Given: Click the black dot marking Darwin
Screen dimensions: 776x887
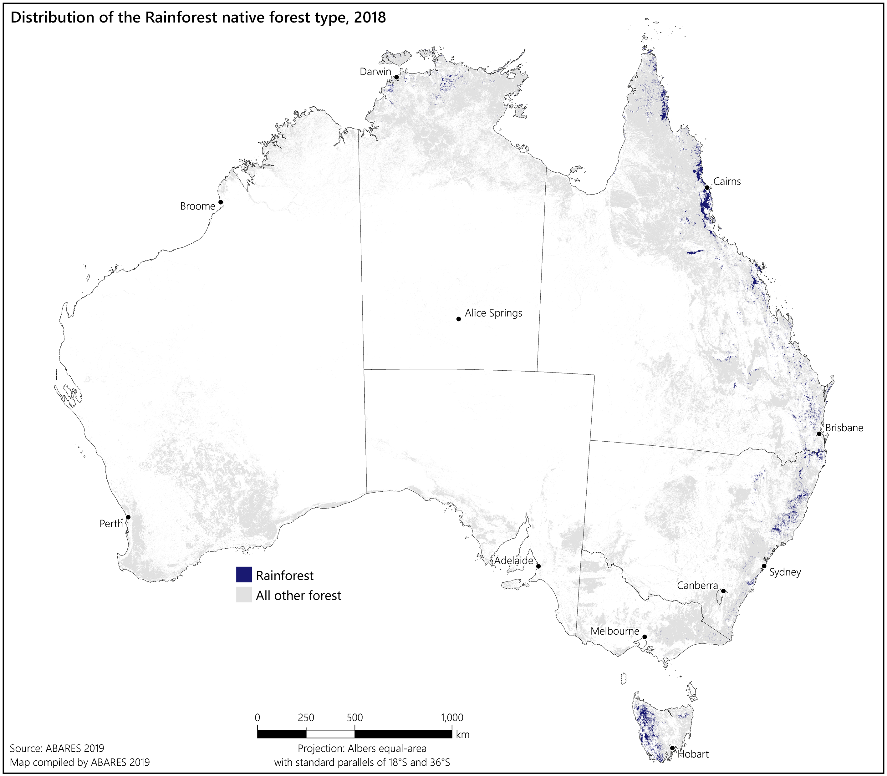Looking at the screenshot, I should pyautogui.click(x=396, y=77).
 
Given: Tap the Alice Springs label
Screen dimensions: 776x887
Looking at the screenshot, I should pyautogui.click(x=493, y=313).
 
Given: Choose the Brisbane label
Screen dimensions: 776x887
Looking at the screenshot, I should pyautogui.click(x=844, y=428).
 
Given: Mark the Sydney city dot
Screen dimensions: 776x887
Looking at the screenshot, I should pyautogui.click(x=763, y=566).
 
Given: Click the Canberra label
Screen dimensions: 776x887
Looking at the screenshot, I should pyautogui.click(x=697, y=586).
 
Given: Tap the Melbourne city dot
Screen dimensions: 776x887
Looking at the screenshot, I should pyautogui.click(x=645, y=637).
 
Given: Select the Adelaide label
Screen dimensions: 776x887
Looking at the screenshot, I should pyautogui.click(x=514, y=560).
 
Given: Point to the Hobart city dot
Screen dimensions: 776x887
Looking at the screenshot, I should pyautogui.click(x=672, y=748).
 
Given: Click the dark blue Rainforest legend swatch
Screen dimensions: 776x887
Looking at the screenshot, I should pyautogui.click(x=244, y=575).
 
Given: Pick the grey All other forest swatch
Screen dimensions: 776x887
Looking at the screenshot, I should pyautogui.click(x=244, y=595).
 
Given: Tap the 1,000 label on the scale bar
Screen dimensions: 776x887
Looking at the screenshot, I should pyautogui.click(x=452, y=718).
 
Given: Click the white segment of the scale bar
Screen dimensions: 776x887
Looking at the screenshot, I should pyautogui.click(x=330, y=734).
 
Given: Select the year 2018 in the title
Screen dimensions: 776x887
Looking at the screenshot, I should pyautogui.click(x=369, y=18).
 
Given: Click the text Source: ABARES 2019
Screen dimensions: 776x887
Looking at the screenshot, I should pyautogui.click(x=57, y=748).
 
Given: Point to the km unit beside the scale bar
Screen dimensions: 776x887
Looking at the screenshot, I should pyautogui.click(x=462, y=734).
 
